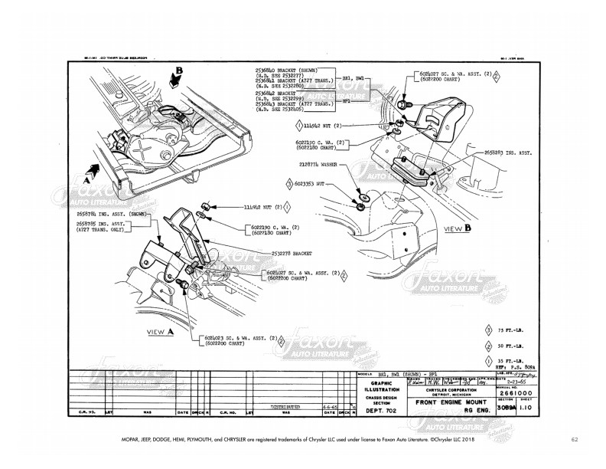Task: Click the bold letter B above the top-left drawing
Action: pyautogui.click(x=179, y=74)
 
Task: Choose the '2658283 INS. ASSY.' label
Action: pyautogui.click(x=509, y=153)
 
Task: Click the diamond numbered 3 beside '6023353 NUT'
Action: pyautogui.click(x=289, y=185)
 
